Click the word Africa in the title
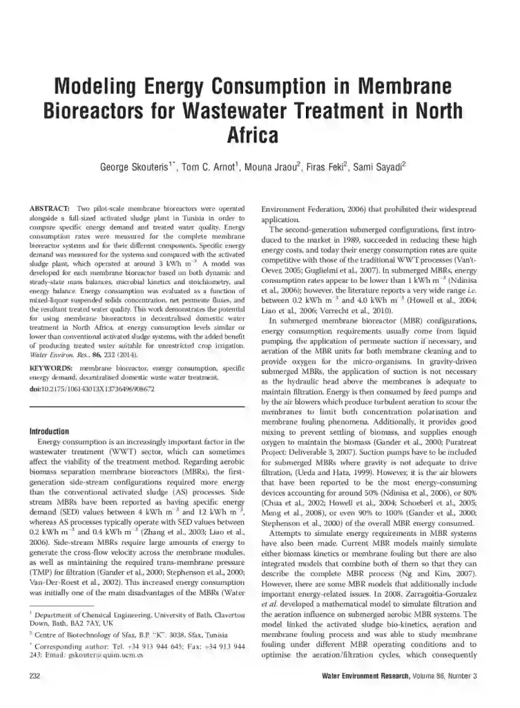260,133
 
